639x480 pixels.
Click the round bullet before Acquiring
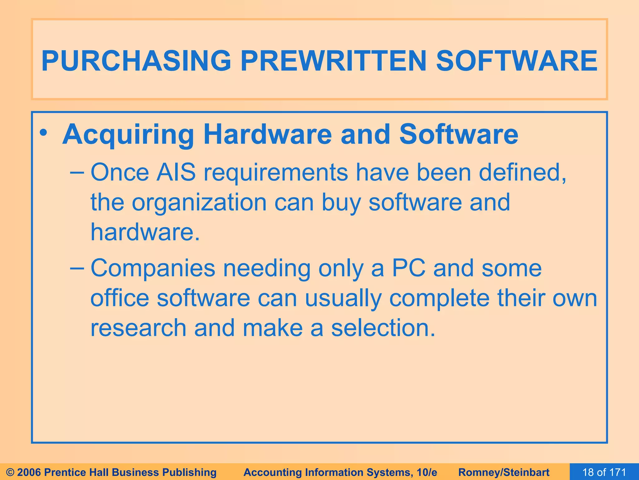(43, 132)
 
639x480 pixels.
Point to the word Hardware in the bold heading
(267, 134)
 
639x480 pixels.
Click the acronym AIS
(176, 172)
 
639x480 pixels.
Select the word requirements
(276, 173)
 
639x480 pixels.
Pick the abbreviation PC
(408, 268)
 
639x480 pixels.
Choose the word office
(120, 298)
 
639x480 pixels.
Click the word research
(138, 328)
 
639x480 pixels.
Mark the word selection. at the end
(383, 328)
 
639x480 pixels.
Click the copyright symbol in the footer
(10, 472)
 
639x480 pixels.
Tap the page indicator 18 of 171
(604, 472)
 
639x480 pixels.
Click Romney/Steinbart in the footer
(504, 472)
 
